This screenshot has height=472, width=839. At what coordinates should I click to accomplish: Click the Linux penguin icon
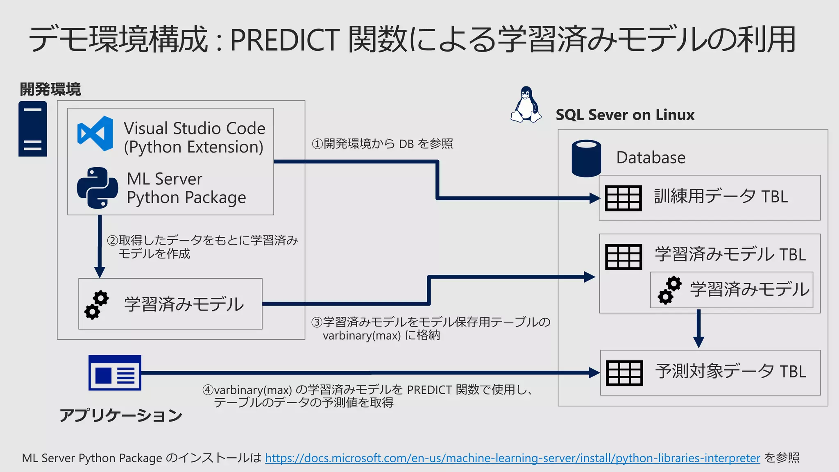[526, 104]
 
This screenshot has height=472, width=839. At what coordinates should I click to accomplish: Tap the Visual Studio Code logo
[95, 134]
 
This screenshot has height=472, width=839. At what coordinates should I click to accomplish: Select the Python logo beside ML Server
[98, 188]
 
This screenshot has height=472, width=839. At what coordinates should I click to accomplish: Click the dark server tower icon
[33, 129]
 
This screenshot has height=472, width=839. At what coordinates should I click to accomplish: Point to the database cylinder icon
[586, 158]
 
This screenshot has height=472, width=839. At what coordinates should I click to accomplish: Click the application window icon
[115, 372]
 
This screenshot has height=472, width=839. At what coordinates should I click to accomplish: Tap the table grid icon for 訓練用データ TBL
[623, 198]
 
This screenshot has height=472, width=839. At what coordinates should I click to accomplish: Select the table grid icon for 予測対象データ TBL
[624, 373]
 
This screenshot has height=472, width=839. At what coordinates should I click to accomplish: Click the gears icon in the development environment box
[97, 304]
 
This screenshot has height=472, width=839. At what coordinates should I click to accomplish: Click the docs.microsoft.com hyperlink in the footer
[512, 458]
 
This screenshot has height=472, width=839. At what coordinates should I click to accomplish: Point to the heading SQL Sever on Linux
[625, 115]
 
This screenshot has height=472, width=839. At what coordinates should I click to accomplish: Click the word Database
[651, 158]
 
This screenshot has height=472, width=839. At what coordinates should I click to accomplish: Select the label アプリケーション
[121, 415]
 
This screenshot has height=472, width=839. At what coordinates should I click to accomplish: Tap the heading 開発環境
[50, 89]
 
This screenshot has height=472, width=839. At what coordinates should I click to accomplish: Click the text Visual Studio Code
[195, 128]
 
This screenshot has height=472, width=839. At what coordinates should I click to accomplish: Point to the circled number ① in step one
[317, 144]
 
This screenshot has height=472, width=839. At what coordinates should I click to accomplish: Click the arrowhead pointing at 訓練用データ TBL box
[594, 198]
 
